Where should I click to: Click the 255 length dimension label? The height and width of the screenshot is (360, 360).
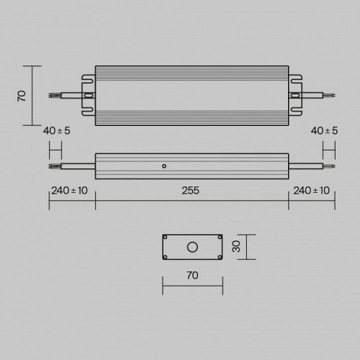pos(190,191)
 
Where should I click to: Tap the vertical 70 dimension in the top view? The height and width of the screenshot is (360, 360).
pos(22,96)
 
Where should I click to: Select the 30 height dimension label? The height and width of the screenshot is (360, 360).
pos(236,246)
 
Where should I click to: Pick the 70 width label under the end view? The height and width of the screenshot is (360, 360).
pos(192,275)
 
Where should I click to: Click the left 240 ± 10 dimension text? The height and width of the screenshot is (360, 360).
pos(69,191)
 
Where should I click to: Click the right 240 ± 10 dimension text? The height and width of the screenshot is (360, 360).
pos(311,191)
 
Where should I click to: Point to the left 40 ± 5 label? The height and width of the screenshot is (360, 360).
pos(57,131)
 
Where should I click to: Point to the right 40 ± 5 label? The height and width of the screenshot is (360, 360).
pos(324,131)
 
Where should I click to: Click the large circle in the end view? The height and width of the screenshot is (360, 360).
pos(192,247)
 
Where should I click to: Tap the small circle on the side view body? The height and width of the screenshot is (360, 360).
pos(164,166)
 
